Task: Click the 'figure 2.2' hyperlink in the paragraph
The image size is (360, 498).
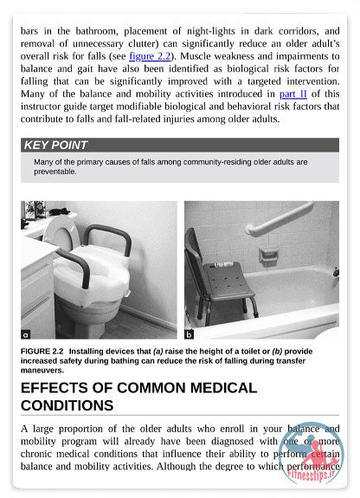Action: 150,56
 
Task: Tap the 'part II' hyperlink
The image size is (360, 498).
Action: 293,94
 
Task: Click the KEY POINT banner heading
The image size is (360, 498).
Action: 55,145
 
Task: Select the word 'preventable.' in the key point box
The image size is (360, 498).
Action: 55,171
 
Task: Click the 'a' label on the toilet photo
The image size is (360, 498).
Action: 26,334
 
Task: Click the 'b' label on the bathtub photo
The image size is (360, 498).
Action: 189,334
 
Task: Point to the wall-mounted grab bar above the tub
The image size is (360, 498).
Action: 279,218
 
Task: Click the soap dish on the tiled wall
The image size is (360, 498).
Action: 268,255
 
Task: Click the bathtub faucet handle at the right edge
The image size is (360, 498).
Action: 336,272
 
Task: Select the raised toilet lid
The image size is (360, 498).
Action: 61,234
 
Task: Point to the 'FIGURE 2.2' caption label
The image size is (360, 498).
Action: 42,352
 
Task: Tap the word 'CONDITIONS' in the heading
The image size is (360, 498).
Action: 67,405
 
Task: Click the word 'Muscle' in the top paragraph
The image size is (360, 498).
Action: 193,56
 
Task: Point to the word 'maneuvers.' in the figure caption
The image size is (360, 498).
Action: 42,371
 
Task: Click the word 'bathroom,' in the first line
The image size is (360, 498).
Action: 97,31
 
